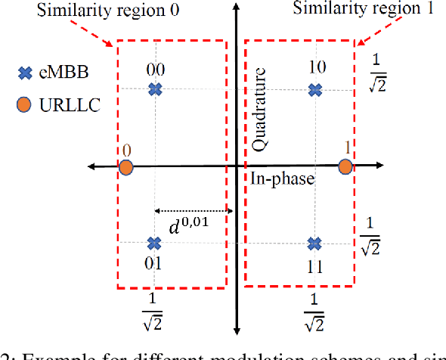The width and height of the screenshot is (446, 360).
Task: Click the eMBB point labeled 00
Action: [x=155, y=90]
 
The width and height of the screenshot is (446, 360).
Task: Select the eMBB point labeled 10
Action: [x=315, y=91]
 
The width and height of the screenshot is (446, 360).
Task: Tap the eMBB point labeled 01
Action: [x=154, y=244]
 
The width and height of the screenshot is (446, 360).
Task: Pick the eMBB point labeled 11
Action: [x=315, y=244]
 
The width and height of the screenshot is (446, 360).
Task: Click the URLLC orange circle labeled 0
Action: [x=126, y=166]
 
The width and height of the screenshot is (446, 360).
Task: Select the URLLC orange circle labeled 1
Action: [x=345, y=166]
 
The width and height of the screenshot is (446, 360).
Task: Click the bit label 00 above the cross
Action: [x=156, y=70]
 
